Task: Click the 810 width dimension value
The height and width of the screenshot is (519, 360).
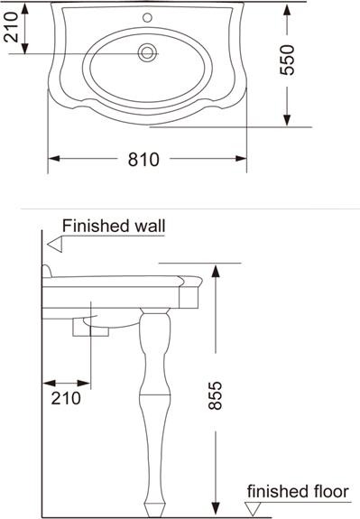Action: coord(143,159)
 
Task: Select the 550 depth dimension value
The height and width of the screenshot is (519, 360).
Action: coord(287,60)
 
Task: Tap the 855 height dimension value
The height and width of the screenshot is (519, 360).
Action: coord(215,396)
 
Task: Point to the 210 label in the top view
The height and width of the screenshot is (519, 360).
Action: coord(11,27)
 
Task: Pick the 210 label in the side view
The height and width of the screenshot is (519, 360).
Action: coord(66,398)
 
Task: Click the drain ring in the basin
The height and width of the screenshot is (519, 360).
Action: coord(147,52)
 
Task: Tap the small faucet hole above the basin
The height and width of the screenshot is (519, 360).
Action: coord(147,17)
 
